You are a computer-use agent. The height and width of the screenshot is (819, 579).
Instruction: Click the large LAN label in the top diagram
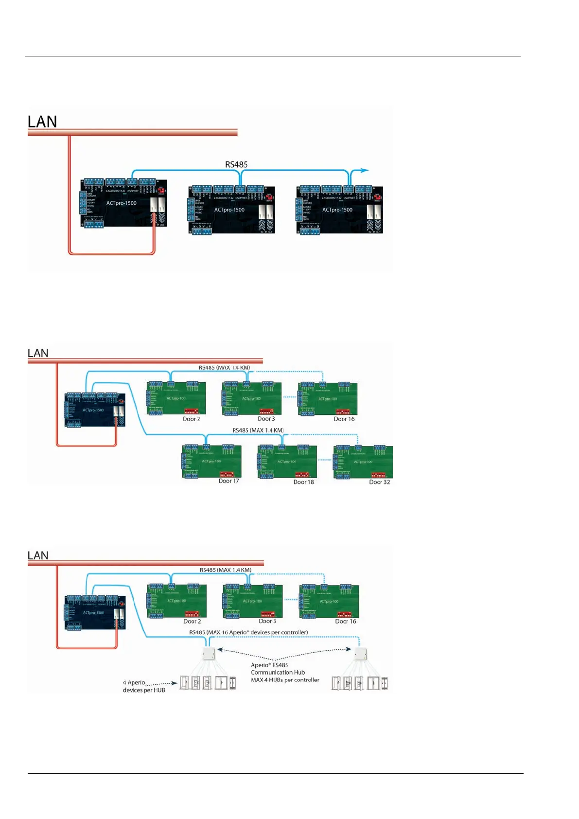tap(42, 122)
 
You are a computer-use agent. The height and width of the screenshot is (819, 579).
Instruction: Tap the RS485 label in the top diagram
tap(236, 164)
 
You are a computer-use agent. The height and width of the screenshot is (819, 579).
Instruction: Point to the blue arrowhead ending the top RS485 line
tap(365, 170)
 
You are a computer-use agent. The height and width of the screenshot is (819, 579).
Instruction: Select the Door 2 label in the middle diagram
tap(192, 419)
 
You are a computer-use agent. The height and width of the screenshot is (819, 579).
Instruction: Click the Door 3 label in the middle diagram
tap(266, 419)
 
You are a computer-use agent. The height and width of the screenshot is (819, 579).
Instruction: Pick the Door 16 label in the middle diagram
tap(344, 419)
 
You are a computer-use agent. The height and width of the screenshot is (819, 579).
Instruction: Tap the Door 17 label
tap(229, 481)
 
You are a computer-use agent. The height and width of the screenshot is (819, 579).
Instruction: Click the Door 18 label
tap(304, 482)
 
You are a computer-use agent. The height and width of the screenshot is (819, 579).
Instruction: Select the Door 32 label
tap(380, 482)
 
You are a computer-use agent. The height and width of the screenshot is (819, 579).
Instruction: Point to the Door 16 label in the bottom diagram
tap(346, 621)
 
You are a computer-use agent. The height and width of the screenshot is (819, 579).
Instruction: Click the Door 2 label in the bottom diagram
tap(192, 621)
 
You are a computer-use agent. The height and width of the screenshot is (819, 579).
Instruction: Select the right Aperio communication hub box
tap(360, 654)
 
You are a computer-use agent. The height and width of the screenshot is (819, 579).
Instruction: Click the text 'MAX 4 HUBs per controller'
tap(285, 680)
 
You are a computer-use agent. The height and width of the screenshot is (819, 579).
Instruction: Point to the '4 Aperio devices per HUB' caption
tap(144, 686)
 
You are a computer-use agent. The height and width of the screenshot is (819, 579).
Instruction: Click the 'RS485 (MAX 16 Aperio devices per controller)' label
tap(248, 632)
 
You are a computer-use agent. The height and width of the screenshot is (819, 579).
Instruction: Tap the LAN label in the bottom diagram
tap(38, 555)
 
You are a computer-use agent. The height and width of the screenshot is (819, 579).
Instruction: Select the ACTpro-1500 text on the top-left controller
tap(122, 203)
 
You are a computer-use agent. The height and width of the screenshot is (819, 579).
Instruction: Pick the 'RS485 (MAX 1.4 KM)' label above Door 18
tap(258, 430)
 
